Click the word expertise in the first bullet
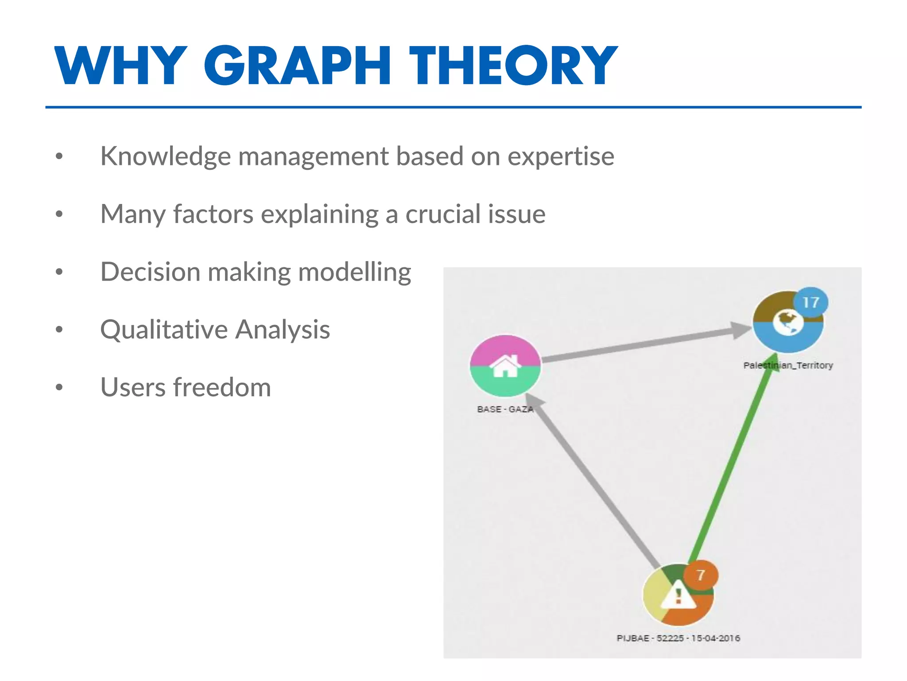point(561,157)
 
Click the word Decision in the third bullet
point(151,272)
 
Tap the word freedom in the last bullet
point(221,387)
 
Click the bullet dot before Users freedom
point(59,387)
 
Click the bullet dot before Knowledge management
point(59,157)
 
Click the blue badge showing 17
point(810,302)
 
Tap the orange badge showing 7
point(701,575)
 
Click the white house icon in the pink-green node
point(505,366)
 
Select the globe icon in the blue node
point(788,323)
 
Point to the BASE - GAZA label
point(505,409)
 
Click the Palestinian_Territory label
point(788,365)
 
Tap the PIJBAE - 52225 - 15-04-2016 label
point(678,638)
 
